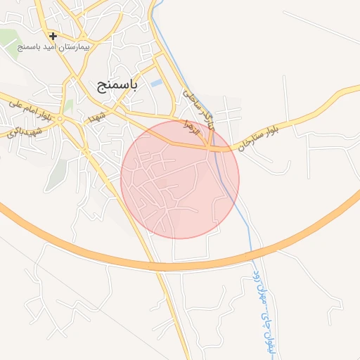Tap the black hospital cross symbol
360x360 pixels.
53,35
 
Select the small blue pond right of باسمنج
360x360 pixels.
156,84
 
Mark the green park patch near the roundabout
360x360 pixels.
69,106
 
